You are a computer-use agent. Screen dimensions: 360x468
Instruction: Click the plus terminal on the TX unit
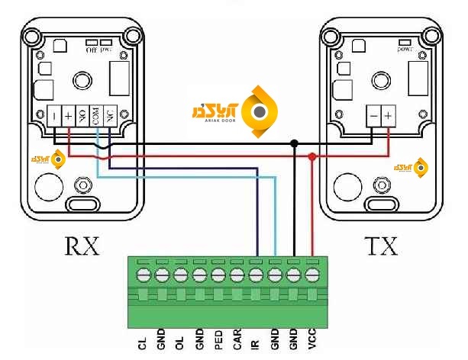(x=389, y=117)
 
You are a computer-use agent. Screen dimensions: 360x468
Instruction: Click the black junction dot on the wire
(x=294, y=143)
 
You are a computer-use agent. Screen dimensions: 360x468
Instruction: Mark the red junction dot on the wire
(x=312, y=157)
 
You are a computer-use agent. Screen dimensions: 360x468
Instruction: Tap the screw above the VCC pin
(x=312, y=273)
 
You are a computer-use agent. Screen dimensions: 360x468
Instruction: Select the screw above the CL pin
(x=143, y=273)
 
